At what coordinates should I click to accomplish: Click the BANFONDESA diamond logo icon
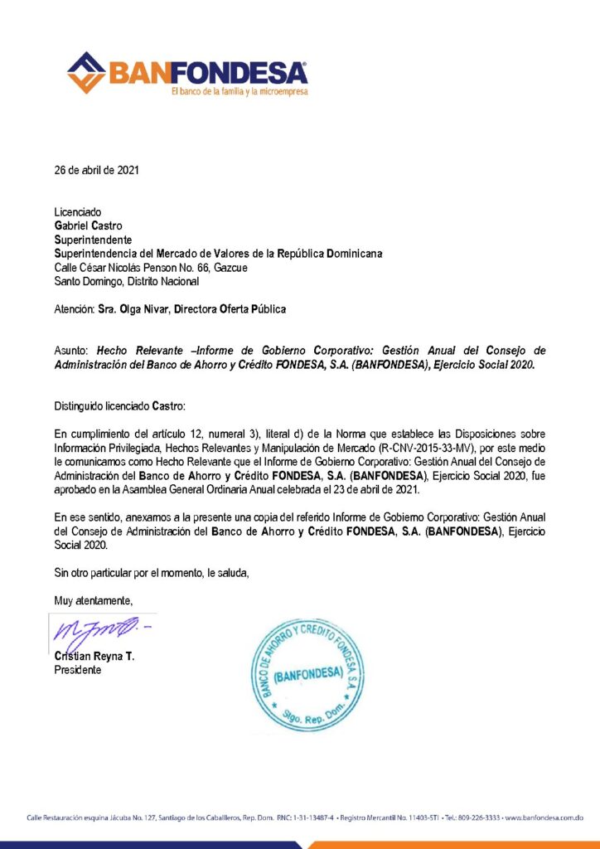pyautogui.click(x=86, y=72)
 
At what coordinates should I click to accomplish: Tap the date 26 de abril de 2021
pyautogui.click(x=96, y=171)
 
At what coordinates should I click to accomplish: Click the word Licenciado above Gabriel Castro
pyautogui.click(x=78, y=212)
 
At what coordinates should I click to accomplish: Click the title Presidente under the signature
pyautogui.click(x=78, y=670)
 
